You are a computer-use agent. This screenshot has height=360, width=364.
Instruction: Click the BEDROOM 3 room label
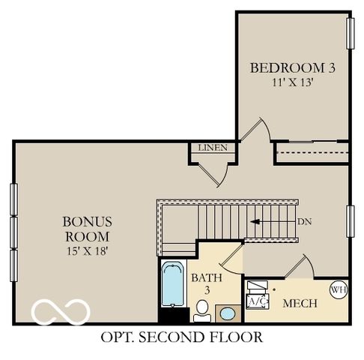pyautogui.click(x=292, y=67)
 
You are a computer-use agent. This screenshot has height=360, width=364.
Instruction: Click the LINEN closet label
pyautogui.click(x=212, y=148)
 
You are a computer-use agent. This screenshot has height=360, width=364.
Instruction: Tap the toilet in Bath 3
pyautogui.click(x=201, y=308)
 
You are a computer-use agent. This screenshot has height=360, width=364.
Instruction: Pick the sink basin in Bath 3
pyautogui.click(x=225, y=313)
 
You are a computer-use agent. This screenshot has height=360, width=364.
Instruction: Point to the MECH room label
pyautogui.click(x=300, y=304)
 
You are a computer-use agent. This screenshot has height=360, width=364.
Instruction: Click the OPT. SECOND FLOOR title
pyautogui.click(x=181, y=337)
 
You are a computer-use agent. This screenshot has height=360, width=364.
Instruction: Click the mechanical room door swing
pyautogui.click(x=300, y=266)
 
